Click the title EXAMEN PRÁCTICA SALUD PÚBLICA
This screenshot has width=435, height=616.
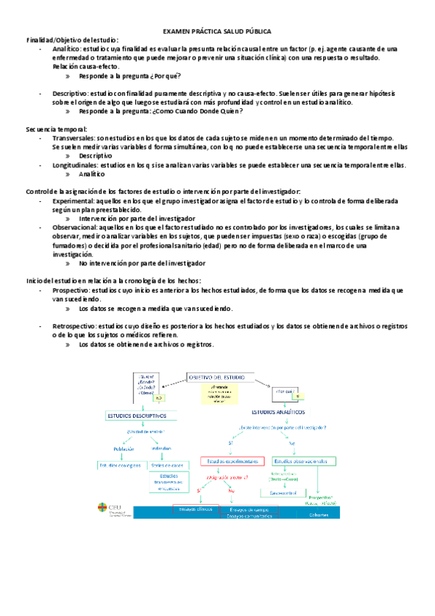pos(217,31)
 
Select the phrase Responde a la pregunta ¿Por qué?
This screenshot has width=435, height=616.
pos(130,76)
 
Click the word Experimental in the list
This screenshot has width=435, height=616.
pos(72,200)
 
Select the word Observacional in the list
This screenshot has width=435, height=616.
pos(73,227)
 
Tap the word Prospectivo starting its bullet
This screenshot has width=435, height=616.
pos(71,290)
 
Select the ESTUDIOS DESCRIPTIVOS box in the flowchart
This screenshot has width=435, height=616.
pos(137,416)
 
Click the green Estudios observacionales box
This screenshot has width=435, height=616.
pos(304,461)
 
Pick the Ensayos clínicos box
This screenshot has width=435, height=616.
pos(195,509)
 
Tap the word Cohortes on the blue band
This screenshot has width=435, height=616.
pos(318,515)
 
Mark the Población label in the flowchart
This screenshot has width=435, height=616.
pos(123,448)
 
